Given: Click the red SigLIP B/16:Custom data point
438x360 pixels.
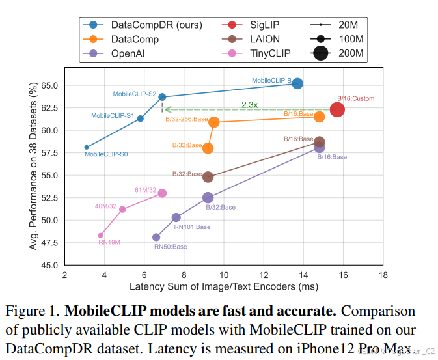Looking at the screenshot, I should point(337,109).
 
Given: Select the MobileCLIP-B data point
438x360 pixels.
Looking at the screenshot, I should point(297,83).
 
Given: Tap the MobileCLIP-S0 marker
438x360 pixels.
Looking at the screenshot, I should point(87,147).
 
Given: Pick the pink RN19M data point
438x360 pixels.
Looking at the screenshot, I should point(100,236).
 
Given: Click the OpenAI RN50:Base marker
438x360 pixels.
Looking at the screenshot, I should point(156,238).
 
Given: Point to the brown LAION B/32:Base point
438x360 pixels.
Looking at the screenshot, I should point(208,177).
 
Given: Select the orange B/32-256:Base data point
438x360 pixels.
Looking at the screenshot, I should point(214,122).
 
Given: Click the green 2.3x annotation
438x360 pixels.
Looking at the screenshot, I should point(249,104).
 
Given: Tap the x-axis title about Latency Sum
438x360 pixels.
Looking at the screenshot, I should point(223,287).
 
